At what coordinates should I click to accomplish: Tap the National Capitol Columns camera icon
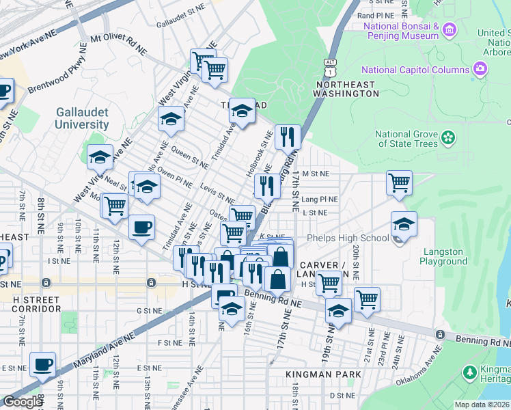[480, 69]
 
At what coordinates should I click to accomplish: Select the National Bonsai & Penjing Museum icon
[449, 29]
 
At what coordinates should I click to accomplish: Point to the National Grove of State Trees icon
[448, 138]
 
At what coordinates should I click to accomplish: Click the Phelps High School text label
[348, 238]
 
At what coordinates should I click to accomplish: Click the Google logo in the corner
[23, 402]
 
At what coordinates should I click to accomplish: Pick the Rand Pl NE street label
[376, 14]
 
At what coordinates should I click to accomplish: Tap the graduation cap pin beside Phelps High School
[404, 223]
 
